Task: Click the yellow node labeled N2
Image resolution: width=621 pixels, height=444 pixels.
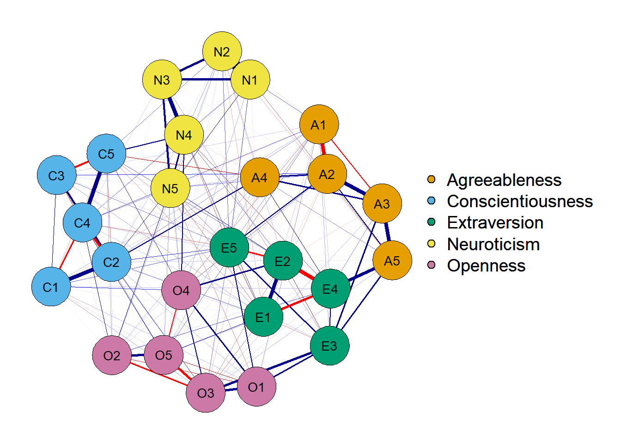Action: pyautogui.click(x=222, y=51)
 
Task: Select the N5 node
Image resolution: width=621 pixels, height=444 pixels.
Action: pyautogui.click(x=170, y=188)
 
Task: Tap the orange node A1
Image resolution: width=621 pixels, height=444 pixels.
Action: pyautogui.click(x=319, y=124)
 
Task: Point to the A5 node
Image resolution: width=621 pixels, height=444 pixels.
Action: pyautogui.click(x=392, y=260)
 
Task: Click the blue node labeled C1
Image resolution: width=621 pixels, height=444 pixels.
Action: pyautogui.click(x=51, y=287)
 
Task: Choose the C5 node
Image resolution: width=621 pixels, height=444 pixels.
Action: pyautogui.click(x=106, y=154)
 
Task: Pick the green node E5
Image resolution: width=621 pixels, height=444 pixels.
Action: pyautogui.click(x=229, y=247)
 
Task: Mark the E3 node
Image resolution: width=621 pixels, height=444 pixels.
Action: pyautogui.click(x=329, y=345)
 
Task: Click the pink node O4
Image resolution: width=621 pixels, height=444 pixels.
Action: pyautogui.click(x=181, y=290)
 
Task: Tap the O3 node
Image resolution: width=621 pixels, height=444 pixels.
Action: pyautogui.click(x=206, y=393)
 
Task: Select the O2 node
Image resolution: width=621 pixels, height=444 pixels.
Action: pyautogui.click(x=112, y=355)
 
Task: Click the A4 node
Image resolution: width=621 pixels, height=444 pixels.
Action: pyautogui.click(x=260, y=177)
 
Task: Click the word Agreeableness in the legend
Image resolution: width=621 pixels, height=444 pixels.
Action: pyautogui.click(x=504, y=180)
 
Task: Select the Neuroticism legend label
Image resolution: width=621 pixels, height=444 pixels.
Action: pyautogui.click(x=493, y=244)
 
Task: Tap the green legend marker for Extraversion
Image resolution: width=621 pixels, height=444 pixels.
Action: pyautogui.click(x=432, y=222)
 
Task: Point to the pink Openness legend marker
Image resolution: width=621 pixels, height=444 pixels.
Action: pyautogui.click(x=432, y=265)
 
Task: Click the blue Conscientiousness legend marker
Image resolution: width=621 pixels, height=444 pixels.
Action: pyautogui.click(x=432, y=201)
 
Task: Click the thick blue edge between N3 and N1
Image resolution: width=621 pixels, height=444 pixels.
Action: pyautogui.click(x=206, y=80)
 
